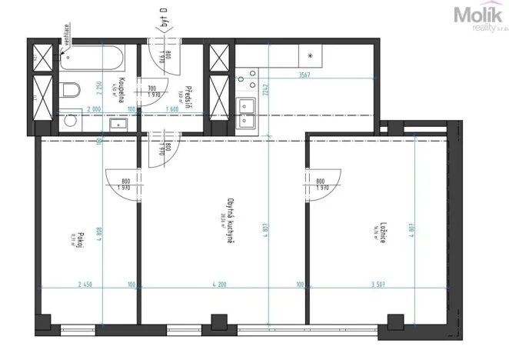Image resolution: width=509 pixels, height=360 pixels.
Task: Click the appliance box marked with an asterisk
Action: pos(310,56)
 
